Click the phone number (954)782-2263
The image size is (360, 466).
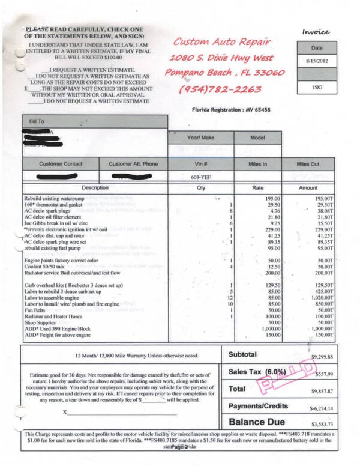pos(220,89)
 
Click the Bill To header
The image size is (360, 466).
pos(37,121)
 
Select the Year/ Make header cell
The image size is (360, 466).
pos(200,138)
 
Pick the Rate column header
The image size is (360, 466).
pos(257,187)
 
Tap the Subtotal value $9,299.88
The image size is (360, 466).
pos(322,357)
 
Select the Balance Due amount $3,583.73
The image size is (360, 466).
pos(322,423)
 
